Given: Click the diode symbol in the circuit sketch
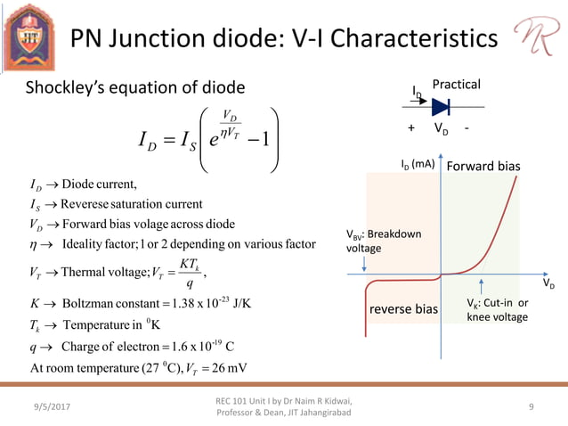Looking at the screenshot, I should click(x=441, y=107).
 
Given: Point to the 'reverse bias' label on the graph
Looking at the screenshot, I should click(x=403, y=309).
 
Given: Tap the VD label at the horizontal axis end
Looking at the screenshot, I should click(x=548, y=284).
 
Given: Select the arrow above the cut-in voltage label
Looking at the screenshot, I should click(x=482, y=286).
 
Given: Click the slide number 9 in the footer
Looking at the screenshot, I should click(x=531, y=407).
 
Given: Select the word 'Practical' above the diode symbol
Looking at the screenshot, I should click(x=456, y=85).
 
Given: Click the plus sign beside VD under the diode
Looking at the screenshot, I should click(x=411, y=128).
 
